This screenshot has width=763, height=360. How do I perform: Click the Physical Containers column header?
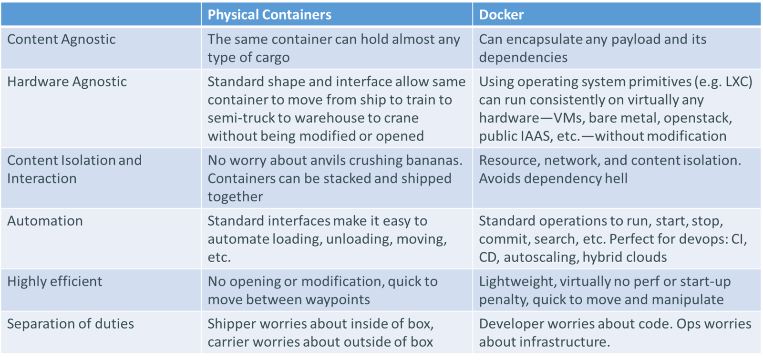click(x=269, y=15)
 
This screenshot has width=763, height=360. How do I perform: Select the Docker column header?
click(x=501, y=15)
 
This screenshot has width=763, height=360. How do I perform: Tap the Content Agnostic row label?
click(x=62, y=39)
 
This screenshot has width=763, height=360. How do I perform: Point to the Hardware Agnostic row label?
click(x=67, y=82)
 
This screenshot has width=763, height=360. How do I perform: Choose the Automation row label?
click(x=45, y=221)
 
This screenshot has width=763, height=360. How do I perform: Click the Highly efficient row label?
click(x=54, y=281)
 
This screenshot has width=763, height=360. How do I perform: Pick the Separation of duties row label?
click(x=71, y=324)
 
